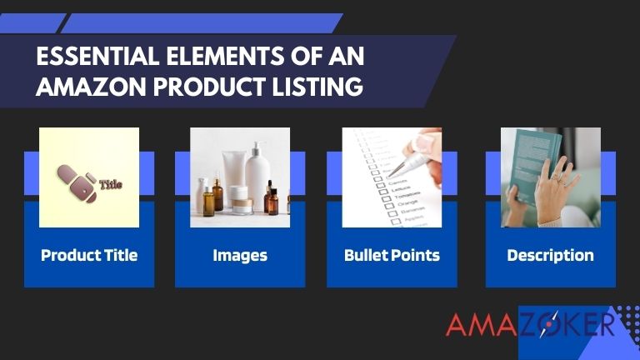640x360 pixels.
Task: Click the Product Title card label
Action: tap(89, 255)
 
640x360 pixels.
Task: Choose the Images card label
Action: tap(240, 255)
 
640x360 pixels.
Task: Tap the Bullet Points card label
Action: tap(392, 255)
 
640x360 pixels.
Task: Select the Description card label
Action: tap(550, 255)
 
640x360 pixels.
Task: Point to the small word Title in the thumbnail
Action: tap(110, 184)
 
